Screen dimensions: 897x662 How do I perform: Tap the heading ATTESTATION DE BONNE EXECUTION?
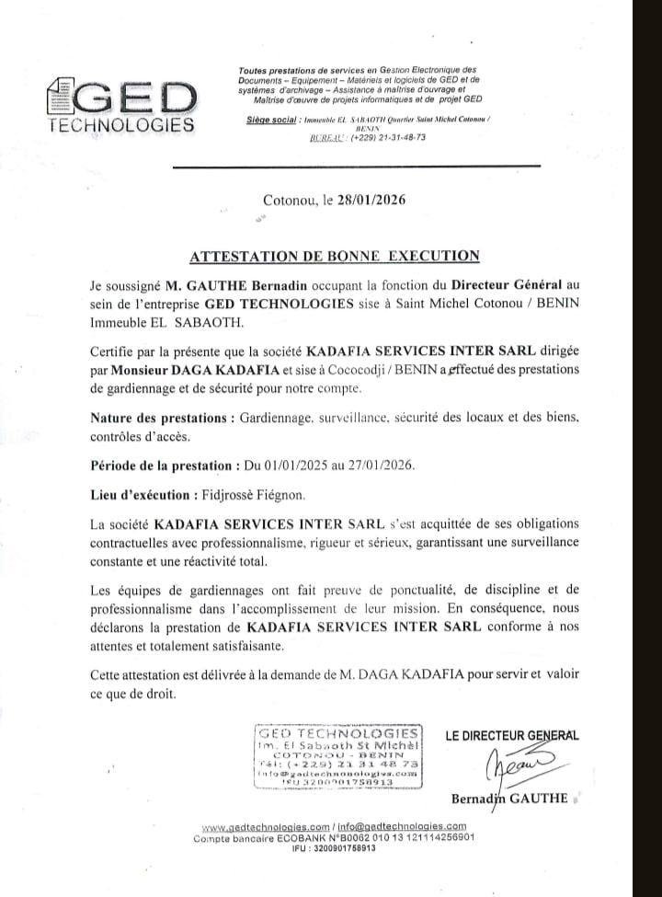coord(334,256)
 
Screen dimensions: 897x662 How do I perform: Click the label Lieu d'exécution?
coord(142,494)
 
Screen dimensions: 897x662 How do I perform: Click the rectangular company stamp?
coord(337,756)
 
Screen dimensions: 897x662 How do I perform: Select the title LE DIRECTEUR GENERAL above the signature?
coord(512,735)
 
